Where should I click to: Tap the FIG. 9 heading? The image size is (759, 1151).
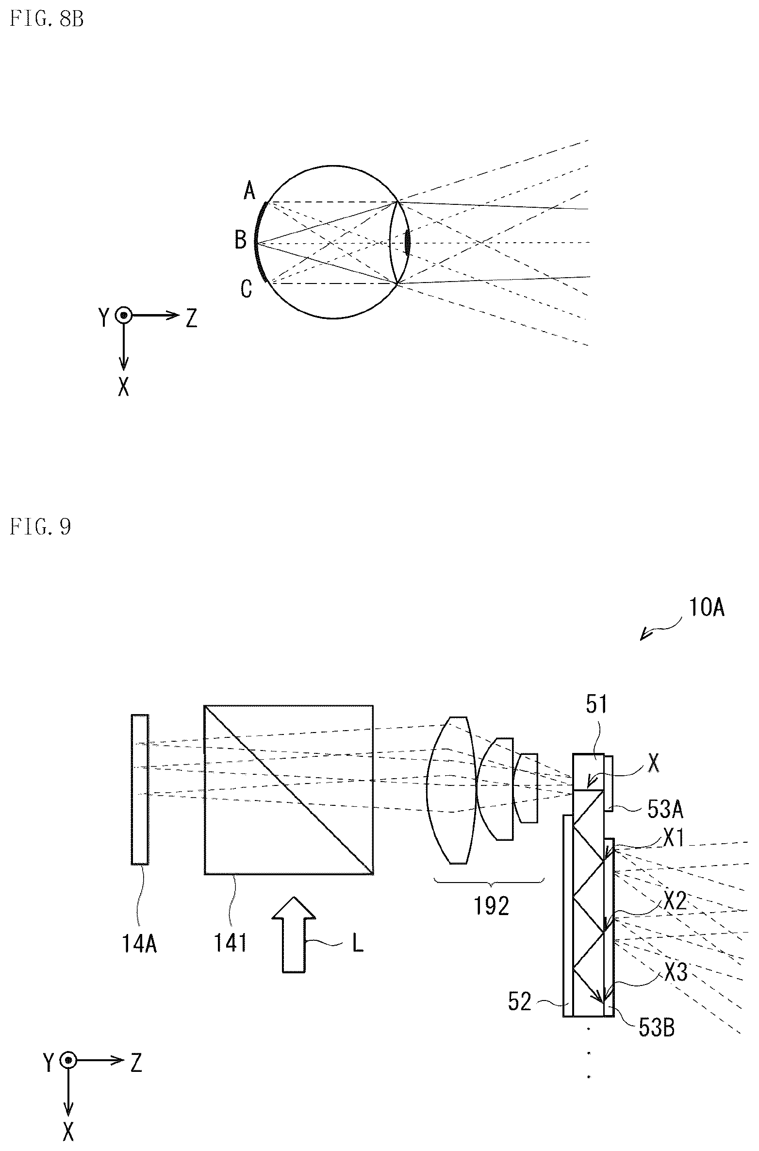click(x=40, y=526)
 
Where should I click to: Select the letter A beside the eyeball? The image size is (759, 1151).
click(x=249, y=191)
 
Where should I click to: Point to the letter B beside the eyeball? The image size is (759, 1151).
click(x=241, y=240)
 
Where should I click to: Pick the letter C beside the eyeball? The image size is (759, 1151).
click(x=247, y=289)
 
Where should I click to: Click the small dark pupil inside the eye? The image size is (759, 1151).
click(x=407, y=241)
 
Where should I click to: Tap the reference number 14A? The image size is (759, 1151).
click(x=139, y=944)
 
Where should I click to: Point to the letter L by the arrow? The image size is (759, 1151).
click(x=358, y=944)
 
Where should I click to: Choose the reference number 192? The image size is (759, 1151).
click(x=492, y=906)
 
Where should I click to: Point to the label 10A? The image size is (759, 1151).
click(x=706, y=608)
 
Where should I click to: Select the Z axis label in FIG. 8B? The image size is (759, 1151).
click(x=192, y=318)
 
